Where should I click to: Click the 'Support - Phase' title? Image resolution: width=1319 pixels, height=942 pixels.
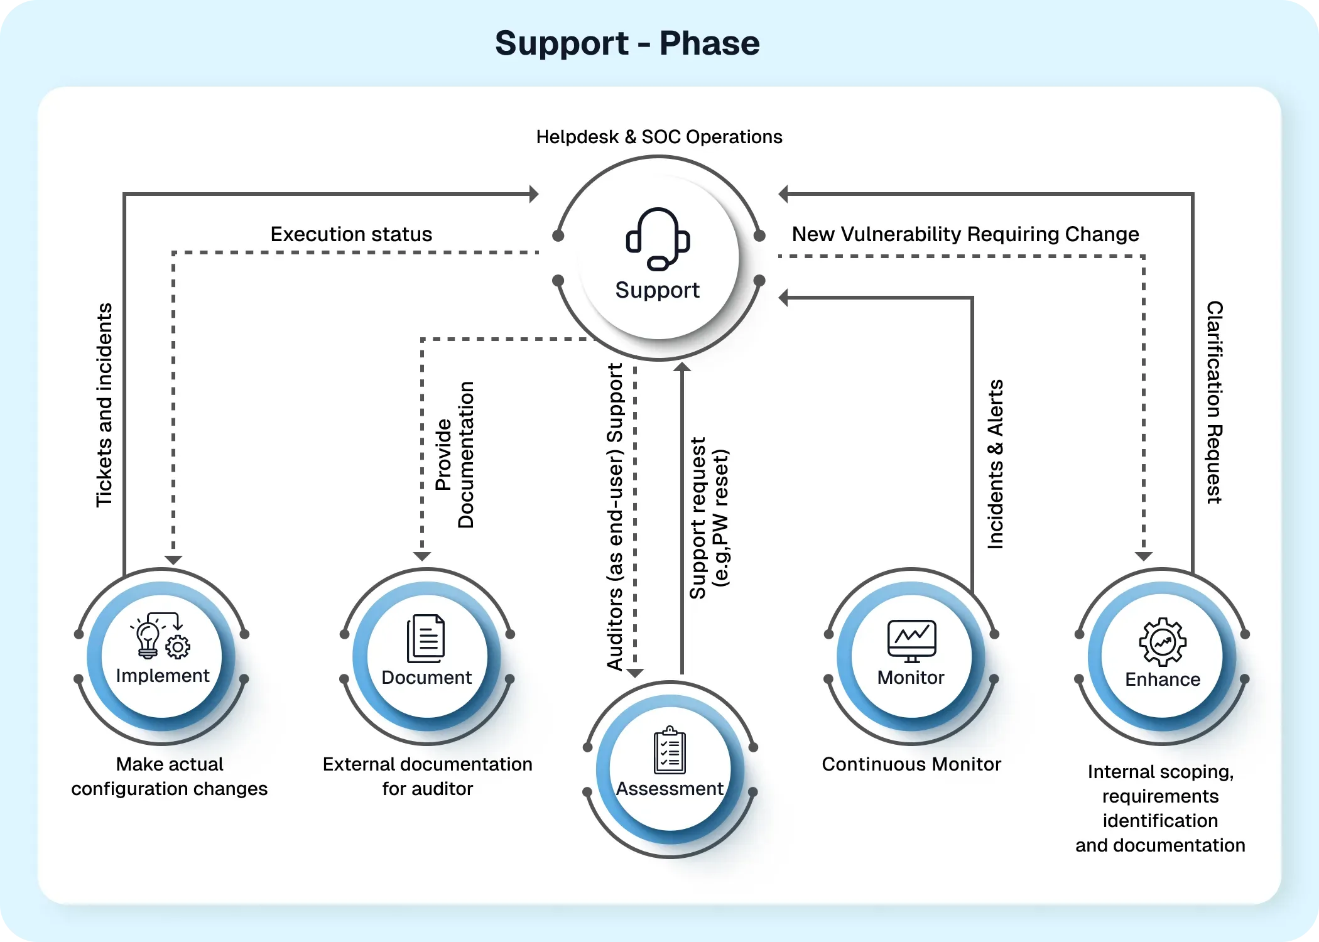coord(627,43)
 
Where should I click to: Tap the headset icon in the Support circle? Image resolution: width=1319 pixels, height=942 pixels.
coord(658,239)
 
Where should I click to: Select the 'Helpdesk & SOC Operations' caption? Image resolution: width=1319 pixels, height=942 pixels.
coord(659,137)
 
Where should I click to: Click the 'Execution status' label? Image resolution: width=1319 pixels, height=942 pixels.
coord(351,234)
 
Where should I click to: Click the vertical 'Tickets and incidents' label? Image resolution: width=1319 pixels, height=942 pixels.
coord(104,405)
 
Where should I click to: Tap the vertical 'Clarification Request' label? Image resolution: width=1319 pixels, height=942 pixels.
coord(1215,402)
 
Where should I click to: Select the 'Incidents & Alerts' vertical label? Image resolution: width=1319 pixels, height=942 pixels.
coord(996,464)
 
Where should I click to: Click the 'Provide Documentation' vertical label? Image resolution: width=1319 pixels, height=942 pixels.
coord(454,455)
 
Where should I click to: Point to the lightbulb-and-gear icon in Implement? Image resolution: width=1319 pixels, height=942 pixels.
coord(161,636)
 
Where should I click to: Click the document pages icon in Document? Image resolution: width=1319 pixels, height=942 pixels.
coord(426,638)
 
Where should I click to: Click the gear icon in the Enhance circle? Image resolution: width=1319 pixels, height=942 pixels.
coord(1163,642)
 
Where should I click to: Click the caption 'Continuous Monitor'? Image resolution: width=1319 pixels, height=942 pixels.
coord(911,764)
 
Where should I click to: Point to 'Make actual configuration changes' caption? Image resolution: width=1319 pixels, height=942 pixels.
coord(170,776)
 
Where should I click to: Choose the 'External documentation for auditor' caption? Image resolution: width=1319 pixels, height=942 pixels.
coord(428,776)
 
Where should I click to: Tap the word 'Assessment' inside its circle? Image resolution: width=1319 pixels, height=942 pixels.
coord(670,789)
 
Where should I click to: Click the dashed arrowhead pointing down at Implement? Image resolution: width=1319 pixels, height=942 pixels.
coord(173,560)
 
